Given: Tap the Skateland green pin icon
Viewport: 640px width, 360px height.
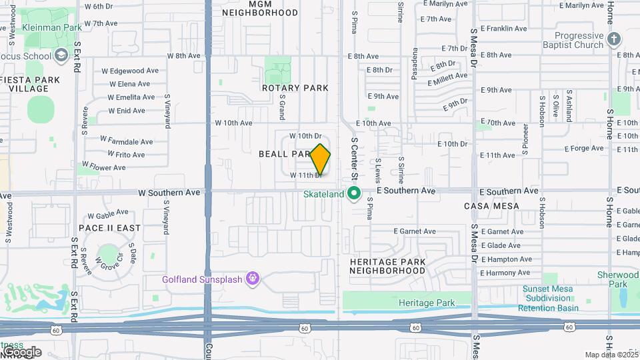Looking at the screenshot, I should click(354, 194).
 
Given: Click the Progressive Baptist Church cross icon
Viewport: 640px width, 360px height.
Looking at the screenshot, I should click(614, 41).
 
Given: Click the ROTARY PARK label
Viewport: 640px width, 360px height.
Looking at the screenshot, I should click(295, 88).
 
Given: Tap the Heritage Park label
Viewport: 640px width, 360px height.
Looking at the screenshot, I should click(427, 303).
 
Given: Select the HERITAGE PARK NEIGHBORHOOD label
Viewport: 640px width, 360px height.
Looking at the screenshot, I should click(387, 267).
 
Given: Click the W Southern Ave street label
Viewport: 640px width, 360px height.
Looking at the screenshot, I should click(169, 192).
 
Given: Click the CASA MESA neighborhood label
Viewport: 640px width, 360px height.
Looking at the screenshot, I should click(491, 206).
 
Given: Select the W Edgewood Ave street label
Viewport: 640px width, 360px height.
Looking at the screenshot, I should click(130, 71).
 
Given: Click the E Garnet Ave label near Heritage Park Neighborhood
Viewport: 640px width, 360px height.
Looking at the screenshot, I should click(414, 231).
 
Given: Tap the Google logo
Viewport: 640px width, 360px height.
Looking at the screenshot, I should click(21, 351).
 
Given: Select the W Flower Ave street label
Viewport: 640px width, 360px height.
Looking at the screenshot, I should click(103, 166).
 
